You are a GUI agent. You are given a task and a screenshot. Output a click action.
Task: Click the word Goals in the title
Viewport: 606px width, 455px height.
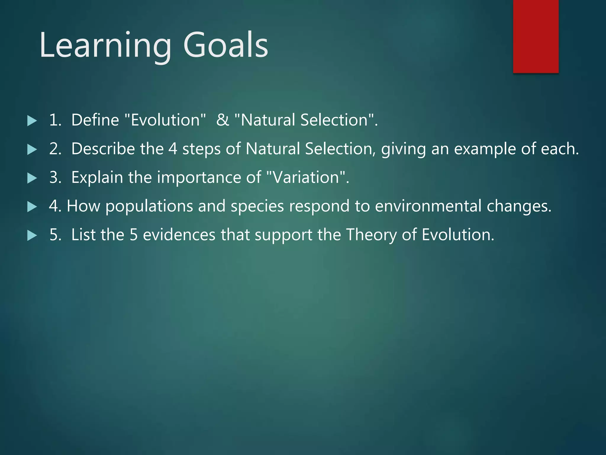click(225, 45)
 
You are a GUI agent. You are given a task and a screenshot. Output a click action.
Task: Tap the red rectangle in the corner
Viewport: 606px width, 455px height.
click(536, 36)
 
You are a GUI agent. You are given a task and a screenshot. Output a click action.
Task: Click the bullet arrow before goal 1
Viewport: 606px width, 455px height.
click(32, 121)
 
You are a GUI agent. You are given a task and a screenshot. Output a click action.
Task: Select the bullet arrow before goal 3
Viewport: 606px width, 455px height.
click(32, 178)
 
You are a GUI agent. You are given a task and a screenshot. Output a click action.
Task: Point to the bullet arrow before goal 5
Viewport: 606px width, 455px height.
click(32, 235)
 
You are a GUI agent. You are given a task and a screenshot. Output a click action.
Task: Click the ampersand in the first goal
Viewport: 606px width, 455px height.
click(223, 120)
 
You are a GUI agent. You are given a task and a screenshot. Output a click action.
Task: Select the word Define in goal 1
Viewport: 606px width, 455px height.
click(95, 120)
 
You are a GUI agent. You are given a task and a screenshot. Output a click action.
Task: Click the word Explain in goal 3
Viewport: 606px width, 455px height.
click(97, 177)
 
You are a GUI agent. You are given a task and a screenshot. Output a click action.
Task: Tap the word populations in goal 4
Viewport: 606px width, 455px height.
click(149, 206)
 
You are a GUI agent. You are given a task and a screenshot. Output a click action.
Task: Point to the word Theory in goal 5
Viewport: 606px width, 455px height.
click(371, 235)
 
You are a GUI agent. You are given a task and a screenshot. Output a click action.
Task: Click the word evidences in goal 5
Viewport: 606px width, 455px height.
click(179, 235)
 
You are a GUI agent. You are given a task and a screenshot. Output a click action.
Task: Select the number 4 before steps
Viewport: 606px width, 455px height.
click(173, 149)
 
